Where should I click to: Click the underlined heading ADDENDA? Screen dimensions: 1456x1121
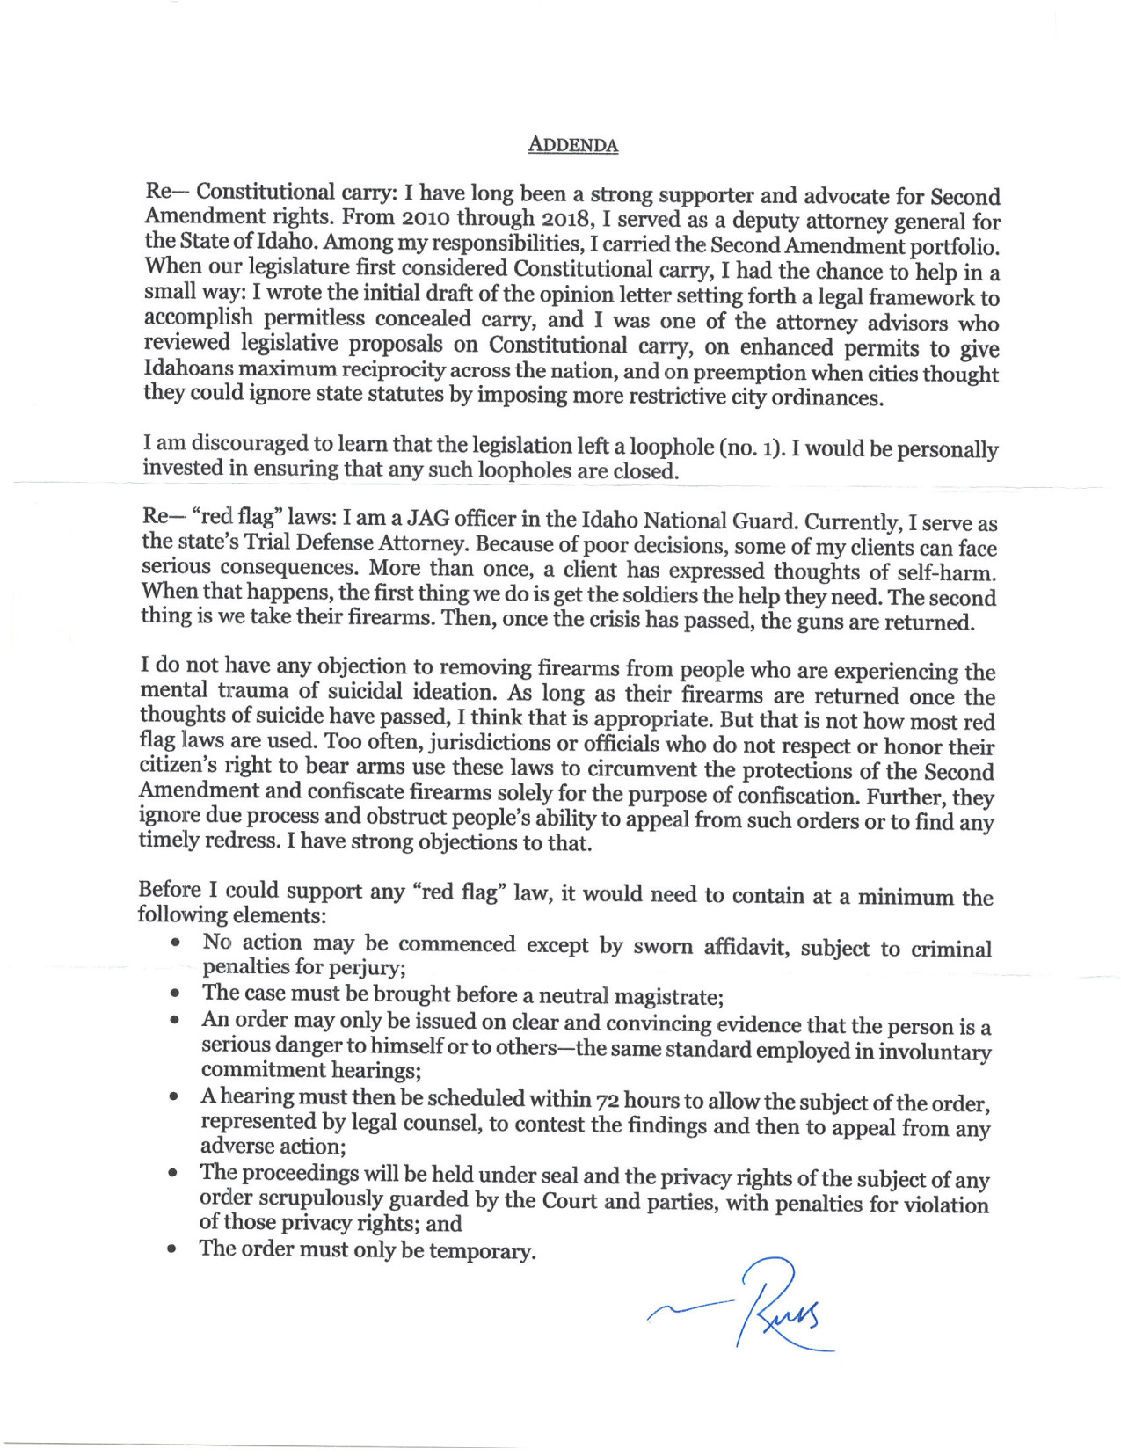point(572,145)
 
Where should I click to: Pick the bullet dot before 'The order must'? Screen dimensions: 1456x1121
point(174,1249)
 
